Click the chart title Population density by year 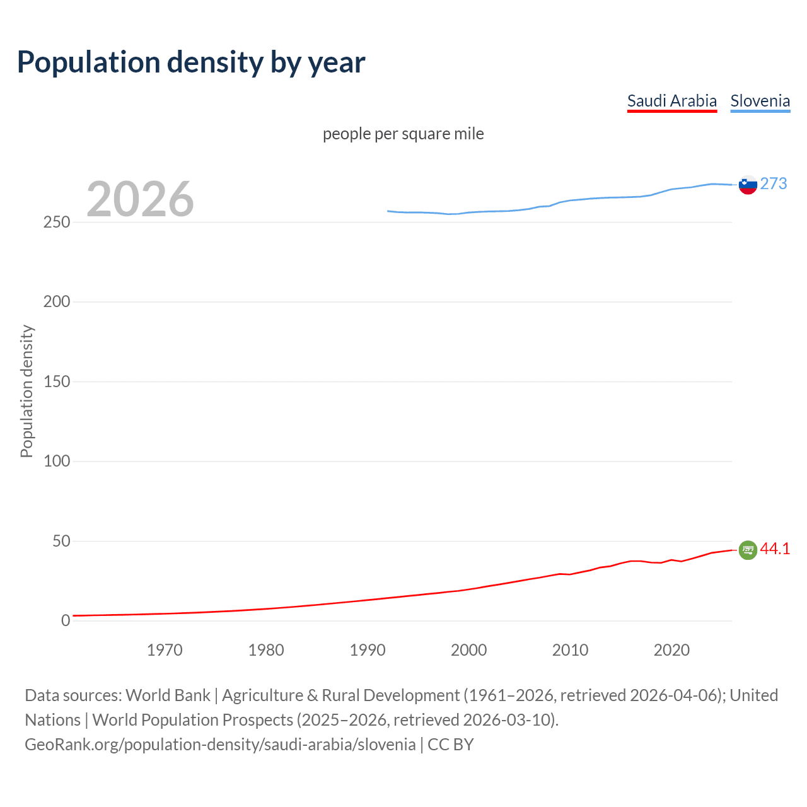191,62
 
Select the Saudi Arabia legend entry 671,101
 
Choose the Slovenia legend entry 760,101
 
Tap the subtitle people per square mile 403,134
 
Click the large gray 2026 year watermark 140,199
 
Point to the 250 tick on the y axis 57,223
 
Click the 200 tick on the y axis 57,302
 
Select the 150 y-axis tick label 57,381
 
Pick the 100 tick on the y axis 57,462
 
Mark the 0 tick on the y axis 66,621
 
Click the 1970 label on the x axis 165,650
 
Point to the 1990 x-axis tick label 368,650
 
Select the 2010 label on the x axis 570,650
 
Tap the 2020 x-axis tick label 671,650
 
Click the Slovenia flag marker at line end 748,185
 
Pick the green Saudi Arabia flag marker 748,550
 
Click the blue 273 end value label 774,183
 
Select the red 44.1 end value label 775,549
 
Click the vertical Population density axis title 26,391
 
